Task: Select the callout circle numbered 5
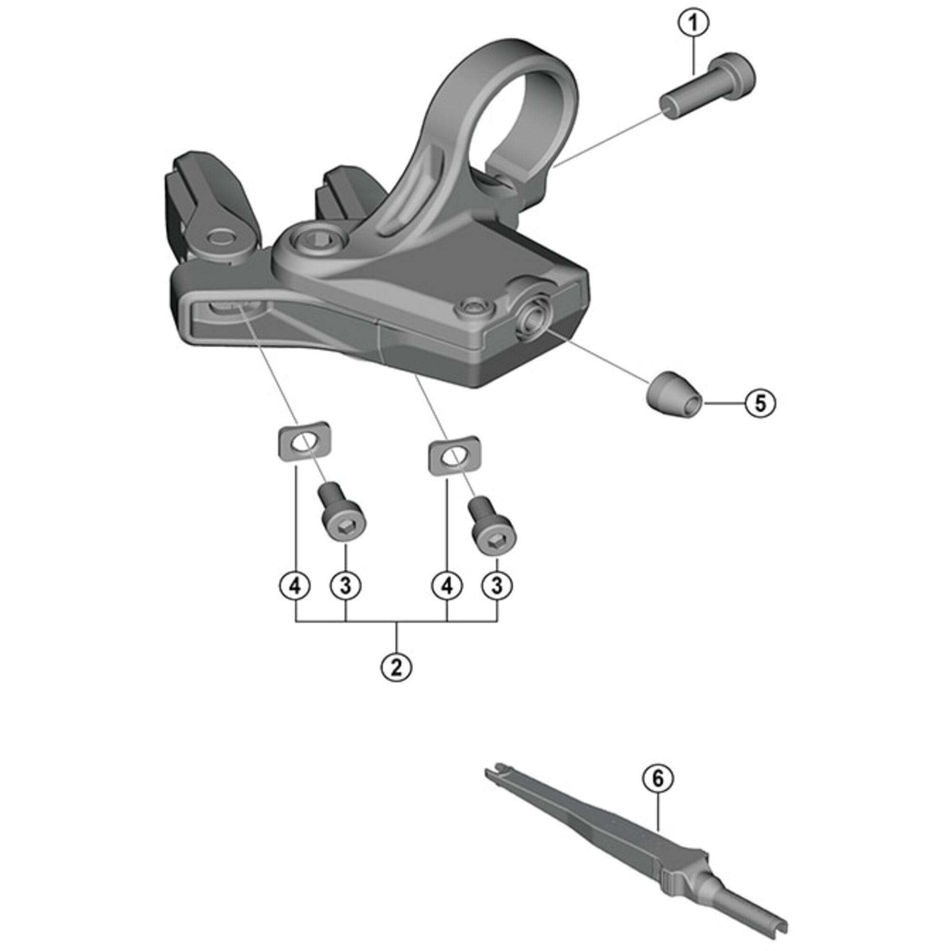click(x=760, y=403)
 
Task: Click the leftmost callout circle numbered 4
click(x=295, y=586)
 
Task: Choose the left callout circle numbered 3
click(x=346, y=586)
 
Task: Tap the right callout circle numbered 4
click(x=446, y=586)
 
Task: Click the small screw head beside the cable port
click(x=474, y=309)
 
